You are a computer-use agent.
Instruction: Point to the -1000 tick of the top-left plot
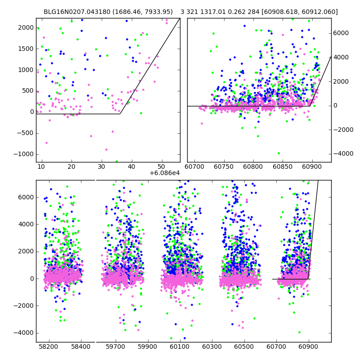(x=26, y=154)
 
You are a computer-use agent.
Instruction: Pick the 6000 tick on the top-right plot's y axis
(x=342, y=33)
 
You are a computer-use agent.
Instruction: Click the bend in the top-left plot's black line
(x=120, y=114)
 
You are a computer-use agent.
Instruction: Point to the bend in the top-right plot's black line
(x=310, y=106)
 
